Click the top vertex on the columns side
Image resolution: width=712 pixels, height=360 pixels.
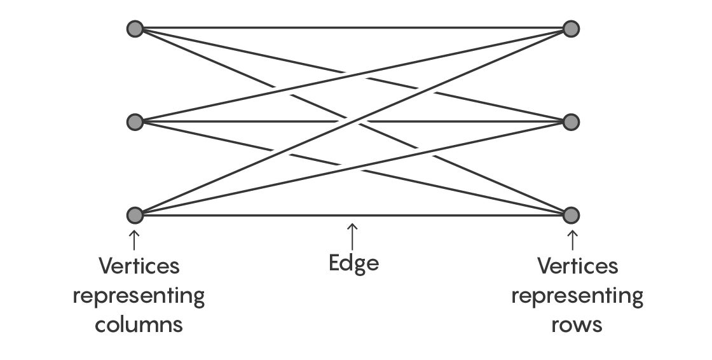point(135,29)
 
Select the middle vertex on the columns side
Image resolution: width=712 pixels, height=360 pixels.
point(135,122)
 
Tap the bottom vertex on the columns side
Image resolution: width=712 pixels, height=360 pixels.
point(135,215)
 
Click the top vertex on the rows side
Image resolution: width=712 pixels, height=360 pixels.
point(571,29)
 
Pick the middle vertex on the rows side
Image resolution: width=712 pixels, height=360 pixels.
point(571,122)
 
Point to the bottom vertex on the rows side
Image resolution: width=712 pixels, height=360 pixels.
point(571,215)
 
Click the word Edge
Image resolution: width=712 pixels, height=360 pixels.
point(353,263)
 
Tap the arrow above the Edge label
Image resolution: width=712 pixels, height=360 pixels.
point(352,237)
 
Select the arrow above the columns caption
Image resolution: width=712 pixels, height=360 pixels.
point(134,240)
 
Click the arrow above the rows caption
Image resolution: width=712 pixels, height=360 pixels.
point(572,240)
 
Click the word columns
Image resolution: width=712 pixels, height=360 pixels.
point(139,324)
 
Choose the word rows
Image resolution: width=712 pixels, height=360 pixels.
point(577,324)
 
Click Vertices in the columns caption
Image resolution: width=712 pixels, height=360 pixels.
point(139,266)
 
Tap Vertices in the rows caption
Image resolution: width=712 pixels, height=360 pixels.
point(578,266)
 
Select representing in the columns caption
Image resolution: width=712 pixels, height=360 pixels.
point(139,297)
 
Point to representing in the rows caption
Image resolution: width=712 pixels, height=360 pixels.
point(577,297)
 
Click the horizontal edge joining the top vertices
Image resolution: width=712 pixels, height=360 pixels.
point(353,28)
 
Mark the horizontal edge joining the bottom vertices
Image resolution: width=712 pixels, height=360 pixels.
point(353,215)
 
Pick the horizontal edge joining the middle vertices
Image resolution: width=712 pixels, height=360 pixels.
point(353,122)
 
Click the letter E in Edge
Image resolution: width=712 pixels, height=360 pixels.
point(334,263)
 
